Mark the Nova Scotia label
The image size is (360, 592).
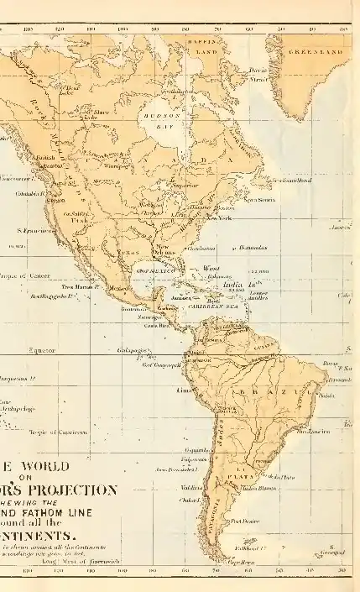pyautogui.click(x=260, y=199)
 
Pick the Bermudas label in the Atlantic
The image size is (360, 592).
pyautogui.click(x=251, y=249)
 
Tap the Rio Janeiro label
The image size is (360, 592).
pyautogui.click(x=313, y=432)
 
